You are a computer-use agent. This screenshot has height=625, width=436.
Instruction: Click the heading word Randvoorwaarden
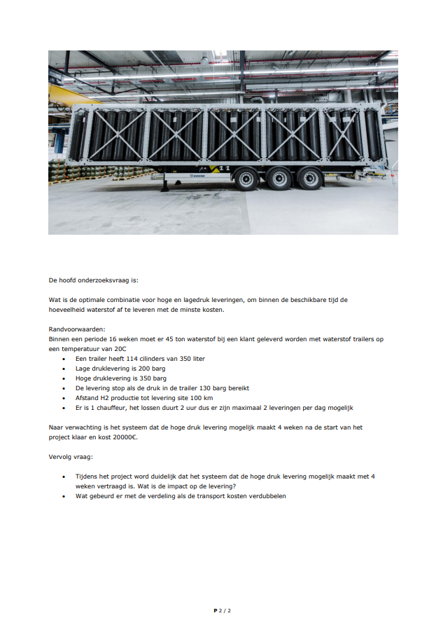tap(77, 329)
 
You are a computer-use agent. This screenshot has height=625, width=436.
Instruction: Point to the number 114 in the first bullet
tap(125, 358)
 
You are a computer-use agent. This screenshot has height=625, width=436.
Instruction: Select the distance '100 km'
tap(202, 397)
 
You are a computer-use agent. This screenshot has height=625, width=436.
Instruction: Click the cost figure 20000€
tap(125, 437)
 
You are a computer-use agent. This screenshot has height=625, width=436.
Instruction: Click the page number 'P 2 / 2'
tap(222, 610)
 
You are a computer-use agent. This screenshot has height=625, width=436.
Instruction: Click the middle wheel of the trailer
tap(278, 179)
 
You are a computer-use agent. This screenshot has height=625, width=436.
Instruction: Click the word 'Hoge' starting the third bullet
tap(83, 378)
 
